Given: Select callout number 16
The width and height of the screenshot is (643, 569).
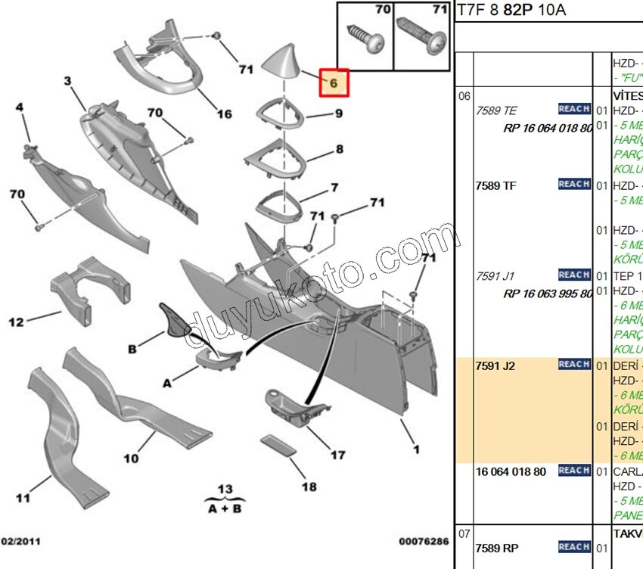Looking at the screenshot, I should [x=225, y=114].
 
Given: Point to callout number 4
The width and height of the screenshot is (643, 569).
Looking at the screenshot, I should [x=20, y=107].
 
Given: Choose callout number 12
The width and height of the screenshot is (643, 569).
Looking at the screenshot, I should [x=16, y=322].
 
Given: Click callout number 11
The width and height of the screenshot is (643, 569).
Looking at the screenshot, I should [x=23, y=498].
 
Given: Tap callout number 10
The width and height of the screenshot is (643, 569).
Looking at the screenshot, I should [x=131, y=459].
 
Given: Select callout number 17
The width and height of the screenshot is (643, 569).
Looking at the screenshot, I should [x=337, y=455].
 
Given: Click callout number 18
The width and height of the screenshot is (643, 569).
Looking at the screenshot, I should [x=309, y=487].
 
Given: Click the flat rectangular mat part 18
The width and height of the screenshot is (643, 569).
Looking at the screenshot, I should [x=278, y=445].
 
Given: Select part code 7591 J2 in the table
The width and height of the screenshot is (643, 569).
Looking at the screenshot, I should [x=495, y=366].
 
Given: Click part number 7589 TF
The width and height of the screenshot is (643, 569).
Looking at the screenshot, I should [x=495, y=185].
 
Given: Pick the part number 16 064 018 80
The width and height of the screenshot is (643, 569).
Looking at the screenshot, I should [x=511, y=471].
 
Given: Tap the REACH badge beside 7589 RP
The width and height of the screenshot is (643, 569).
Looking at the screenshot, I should [x=574, y=546].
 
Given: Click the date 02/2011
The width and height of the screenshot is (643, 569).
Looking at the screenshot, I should [x=21, y=541].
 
